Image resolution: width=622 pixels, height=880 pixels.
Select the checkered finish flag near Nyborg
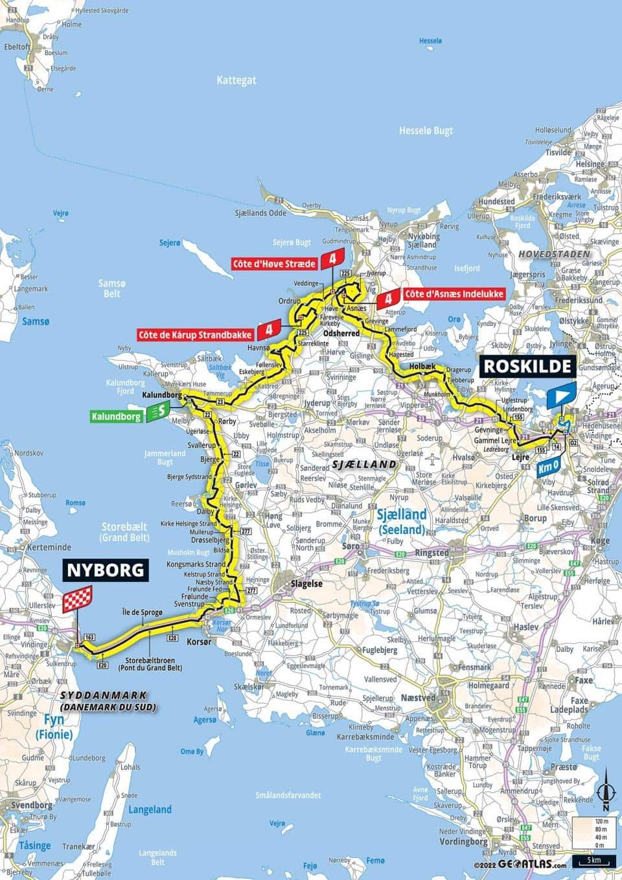[78, 599]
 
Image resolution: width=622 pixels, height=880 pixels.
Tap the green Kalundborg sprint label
[116, 417]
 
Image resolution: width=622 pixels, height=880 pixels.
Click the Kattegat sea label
[237, 80]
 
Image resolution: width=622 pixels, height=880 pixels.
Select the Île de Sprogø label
[141, 612]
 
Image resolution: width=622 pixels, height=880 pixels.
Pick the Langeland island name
[150, 809]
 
